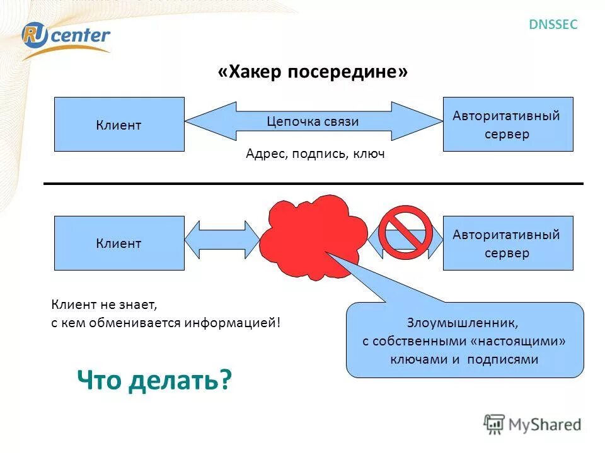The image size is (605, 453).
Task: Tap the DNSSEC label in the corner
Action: tap(552, 25)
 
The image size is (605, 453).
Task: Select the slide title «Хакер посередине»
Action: tap(313, 72)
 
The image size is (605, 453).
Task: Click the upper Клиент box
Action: tap(119, 125)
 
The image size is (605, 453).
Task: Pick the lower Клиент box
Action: tap(119, 243)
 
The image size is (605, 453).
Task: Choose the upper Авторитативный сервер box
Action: tap(507, 125)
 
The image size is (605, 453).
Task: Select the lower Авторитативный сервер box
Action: tap(507, 243)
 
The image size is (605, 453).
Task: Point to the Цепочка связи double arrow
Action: tap(313, 121)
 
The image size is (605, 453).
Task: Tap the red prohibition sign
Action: tap(405, 232)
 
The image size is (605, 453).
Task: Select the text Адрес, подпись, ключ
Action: tap(315, 154)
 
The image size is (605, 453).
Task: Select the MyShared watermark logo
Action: tap(533, 424)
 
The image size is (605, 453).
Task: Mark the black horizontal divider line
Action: tap(313, 184)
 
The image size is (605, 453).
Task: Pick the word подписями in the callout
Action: tap(507, 359)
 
